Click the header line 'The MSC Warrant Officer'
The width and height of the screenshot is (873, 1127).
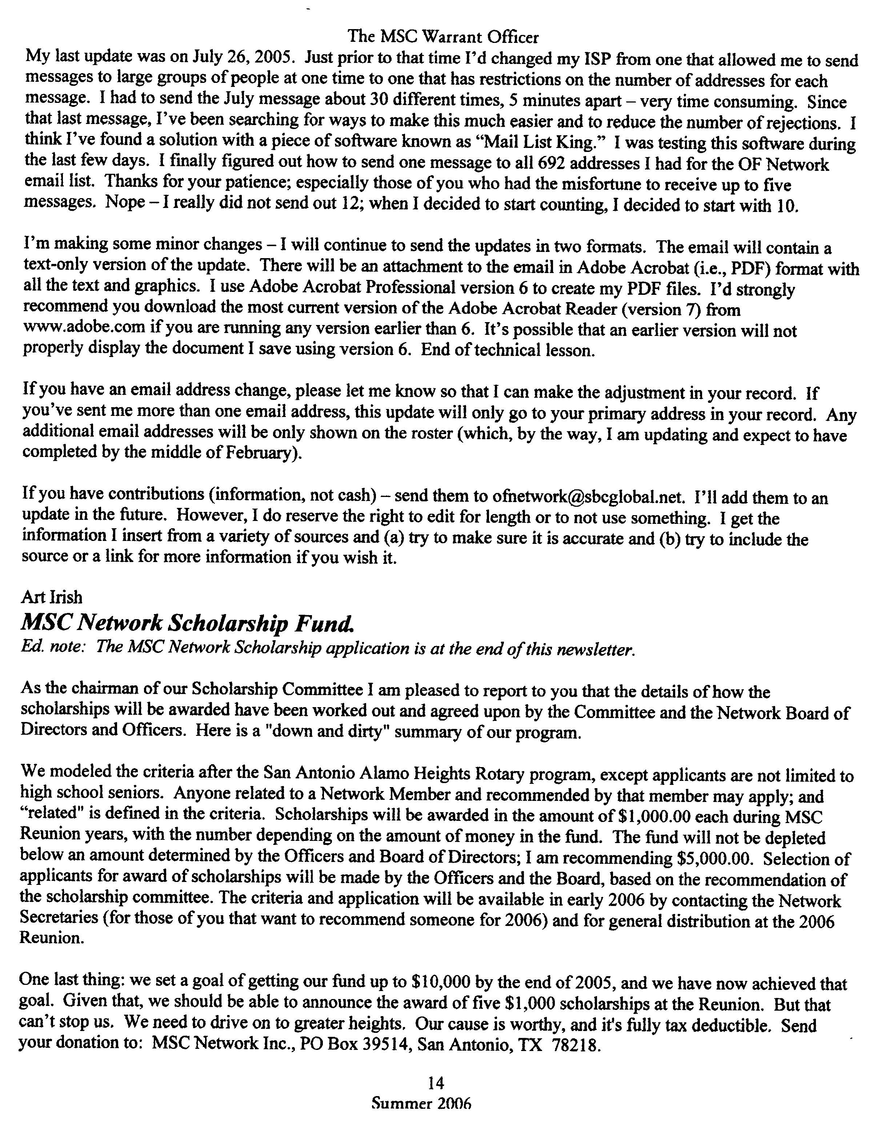point(443,37)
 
